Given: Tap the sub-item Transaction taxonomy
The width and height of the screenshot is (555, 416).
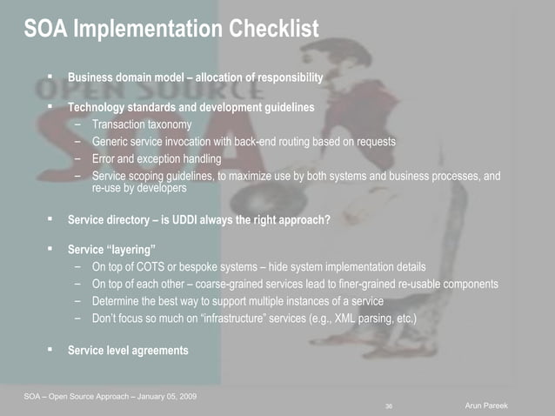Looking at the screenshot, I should [141, 124].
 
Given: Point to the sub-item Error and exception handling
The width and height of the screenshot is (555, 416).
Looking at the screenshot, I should [156, 158].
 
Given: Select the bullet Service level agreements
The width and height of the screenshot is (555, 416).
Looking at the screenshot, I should [128, 351].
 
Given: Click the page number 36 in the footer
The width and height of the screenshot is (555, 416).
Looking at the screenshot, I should [388, 406].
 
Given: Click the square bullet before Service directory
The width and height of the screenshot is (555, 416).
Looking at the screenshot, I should [51, 219].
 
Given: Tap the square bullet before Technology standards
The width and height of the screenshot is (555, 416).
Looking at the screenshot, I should [51, 107].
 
